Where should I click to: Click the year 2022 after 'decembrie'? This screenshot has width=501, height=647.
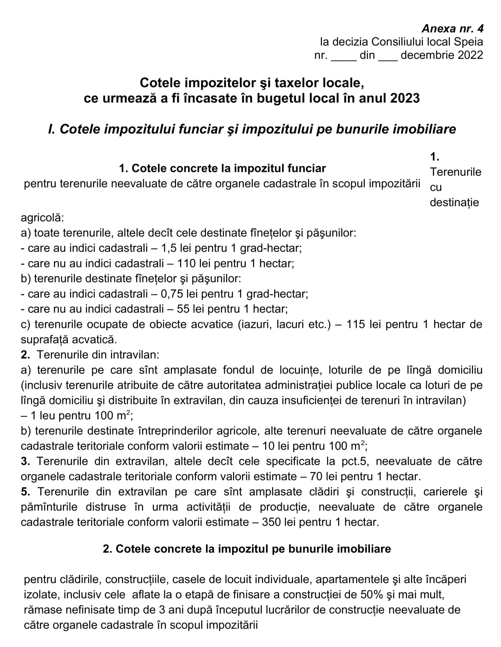click(x=470, y=55)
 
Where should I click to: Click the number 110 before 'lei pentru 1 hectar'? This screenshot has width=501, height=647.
click(x=186, y=264)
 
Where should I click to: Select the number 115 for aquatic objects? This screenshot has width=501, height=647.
click(x=356, y=324)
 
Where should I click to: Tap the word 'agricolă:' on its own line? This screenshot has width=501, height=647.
click(x=42, y=218)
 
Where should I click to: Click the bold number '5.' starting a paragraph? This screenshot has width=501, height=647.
click(x=26, y=492)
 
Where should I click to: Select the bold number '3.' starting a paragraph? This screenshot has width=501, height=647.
click(x=26, y=461)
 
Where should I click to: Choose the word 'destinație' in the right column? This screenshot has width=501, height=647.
click(x=454, y=202)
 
